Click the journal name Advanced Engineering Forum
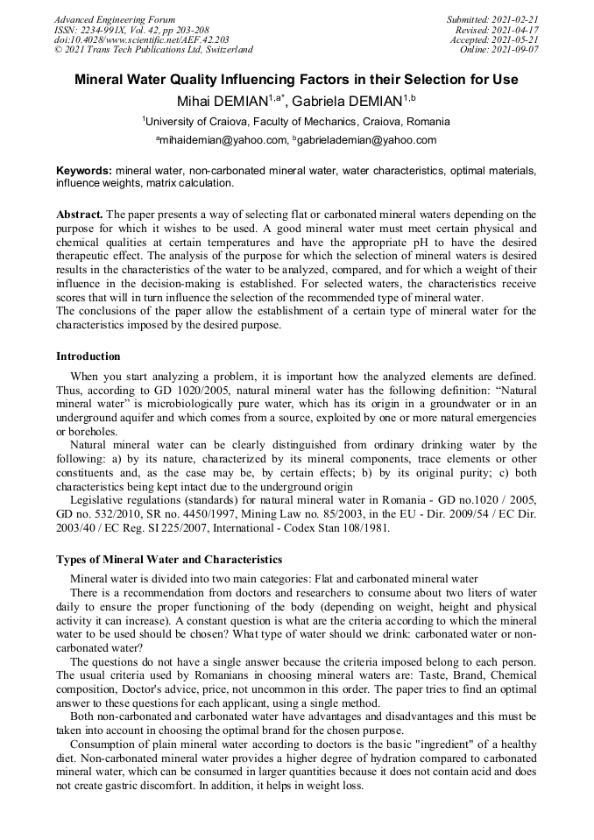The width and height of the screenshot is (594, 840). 115,19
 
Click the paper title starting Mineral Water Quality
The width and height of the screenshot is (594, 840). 296,80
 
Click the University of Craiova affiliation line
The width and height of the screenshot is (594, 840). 296,122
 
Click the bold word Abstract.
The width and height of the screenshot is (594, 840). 80,214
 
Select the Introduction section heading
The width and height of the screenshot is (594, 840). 88,356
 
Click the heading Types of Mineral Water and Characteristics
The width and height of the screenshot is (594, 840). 169,559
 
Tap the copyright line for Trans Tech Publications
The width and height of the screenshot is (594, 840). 153,50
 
